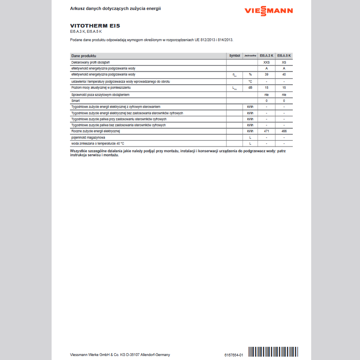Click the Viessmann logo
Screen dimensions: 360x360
268,11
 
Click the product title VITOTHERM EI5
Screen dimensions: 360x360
95,26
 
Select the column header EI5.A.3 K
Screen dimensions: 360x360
266,56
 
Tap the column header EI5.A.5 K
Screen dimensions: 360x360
284,56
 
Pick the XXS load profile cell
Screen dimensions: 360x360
266,62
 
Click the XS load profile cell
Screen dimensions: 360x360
284,62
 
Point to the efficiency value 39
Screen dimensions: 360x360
266,74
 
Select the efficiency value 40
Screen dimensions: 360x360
284,74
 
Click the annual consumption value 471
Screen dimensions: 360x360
266,131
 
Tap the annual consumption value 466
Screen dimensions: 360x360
284,131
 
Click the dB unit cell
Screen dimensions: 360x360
250,88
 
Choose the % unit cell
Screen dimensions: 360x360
250,74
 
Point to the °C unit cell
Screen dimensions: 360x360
250,82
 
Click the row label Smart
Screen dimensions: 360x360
76,101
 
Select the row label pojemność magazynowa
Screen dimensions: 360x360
86,137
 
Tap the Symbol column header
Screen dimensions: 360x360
235,56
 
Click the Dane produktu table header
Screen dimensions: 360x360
84,56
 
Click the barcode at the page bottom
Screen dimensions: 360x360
273,352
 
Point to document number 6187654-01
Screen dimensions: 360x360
234,355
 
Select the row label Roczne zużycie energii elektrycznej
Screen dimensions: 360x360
96,131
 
